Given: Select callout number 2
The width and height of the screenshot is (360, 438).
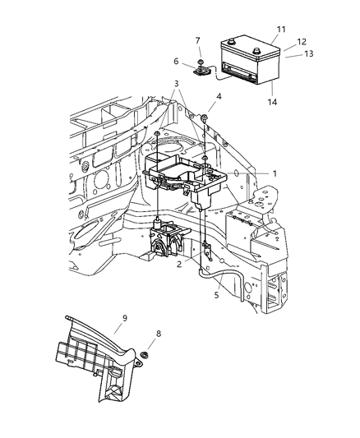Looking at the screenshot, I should tap(179, 265).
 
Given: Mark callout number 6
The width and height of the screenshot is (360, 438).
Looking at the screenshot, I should tap(177, 60).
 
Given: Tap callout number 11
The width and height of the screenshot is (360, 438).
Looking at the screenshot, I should tap(280, 30).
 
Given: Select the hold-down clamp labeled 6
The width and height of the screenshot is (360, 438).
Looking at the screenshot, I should tap(202, 71).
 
